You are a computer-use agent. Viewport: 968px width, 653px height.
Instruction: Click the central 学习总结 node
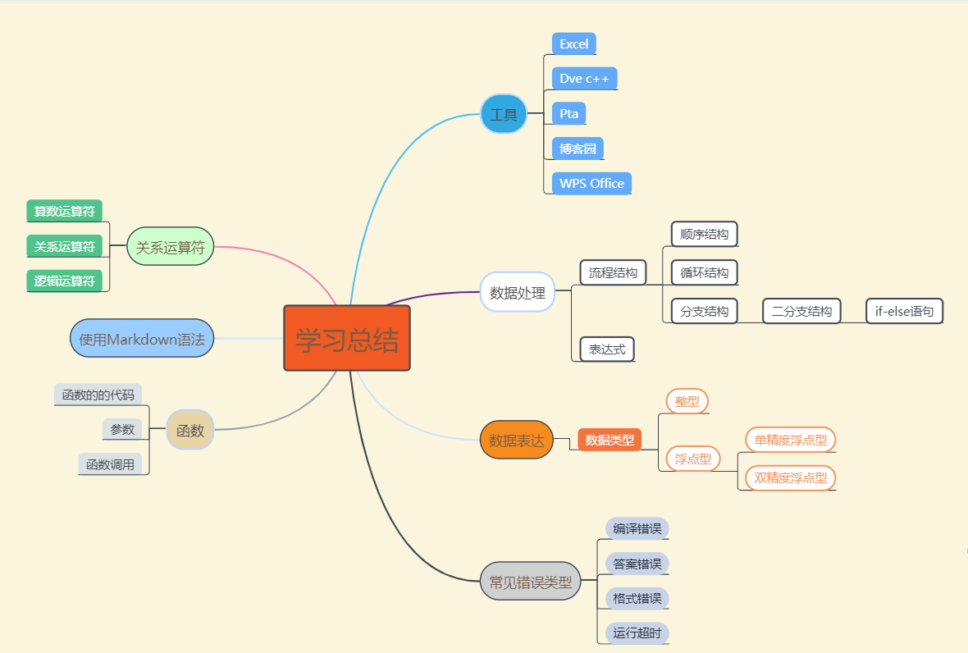347,338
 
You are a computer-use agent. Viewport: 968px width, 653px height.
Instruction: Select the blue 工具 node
504,114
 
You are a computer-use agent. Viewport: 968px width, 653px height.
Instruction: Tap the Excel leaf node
573,44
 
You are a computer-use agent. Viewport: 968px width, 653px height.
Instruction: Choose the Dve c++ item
584,79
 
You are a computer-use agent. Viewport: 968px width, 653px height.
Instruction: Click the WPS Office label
591,183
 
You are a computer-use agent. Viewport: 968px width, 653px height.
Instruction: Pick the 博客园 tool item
578,148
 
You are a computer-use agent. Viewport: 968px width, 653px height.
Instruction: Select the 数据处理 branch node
517,293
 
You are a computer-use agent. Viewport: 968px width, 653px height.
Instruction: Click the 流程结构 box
613,272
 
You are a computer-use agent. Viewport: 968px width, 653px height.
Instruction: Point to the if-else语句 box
904,311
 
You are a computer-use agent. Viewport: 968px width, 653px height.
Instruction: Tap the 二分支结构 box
801,311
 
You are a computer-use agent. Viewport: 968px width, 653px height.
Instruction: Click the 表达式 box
607,349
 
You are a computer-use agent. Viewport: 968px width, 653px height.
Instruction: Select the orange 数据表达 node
516,440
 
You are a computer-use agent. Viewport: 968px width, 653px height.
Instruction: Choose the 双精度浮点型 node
790,477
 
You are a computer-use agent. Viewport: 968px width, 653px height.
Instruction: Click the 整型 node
687,401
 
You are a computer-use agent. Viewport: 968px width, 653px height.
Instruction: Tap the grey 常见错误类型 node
530,582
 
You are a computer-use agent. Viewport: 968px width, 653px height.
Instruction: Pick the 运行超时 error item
637,632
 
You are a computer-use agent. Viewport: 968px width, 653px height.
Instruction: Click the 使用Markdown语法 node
142,338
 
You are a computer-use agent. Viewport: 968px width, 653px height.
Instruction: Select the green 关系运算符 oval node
170,246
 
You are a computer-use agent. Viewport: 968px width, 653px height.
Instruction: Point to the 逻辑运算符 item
65,281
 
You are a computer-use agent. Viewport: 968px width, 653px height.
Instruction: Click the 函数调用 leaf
114,463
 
